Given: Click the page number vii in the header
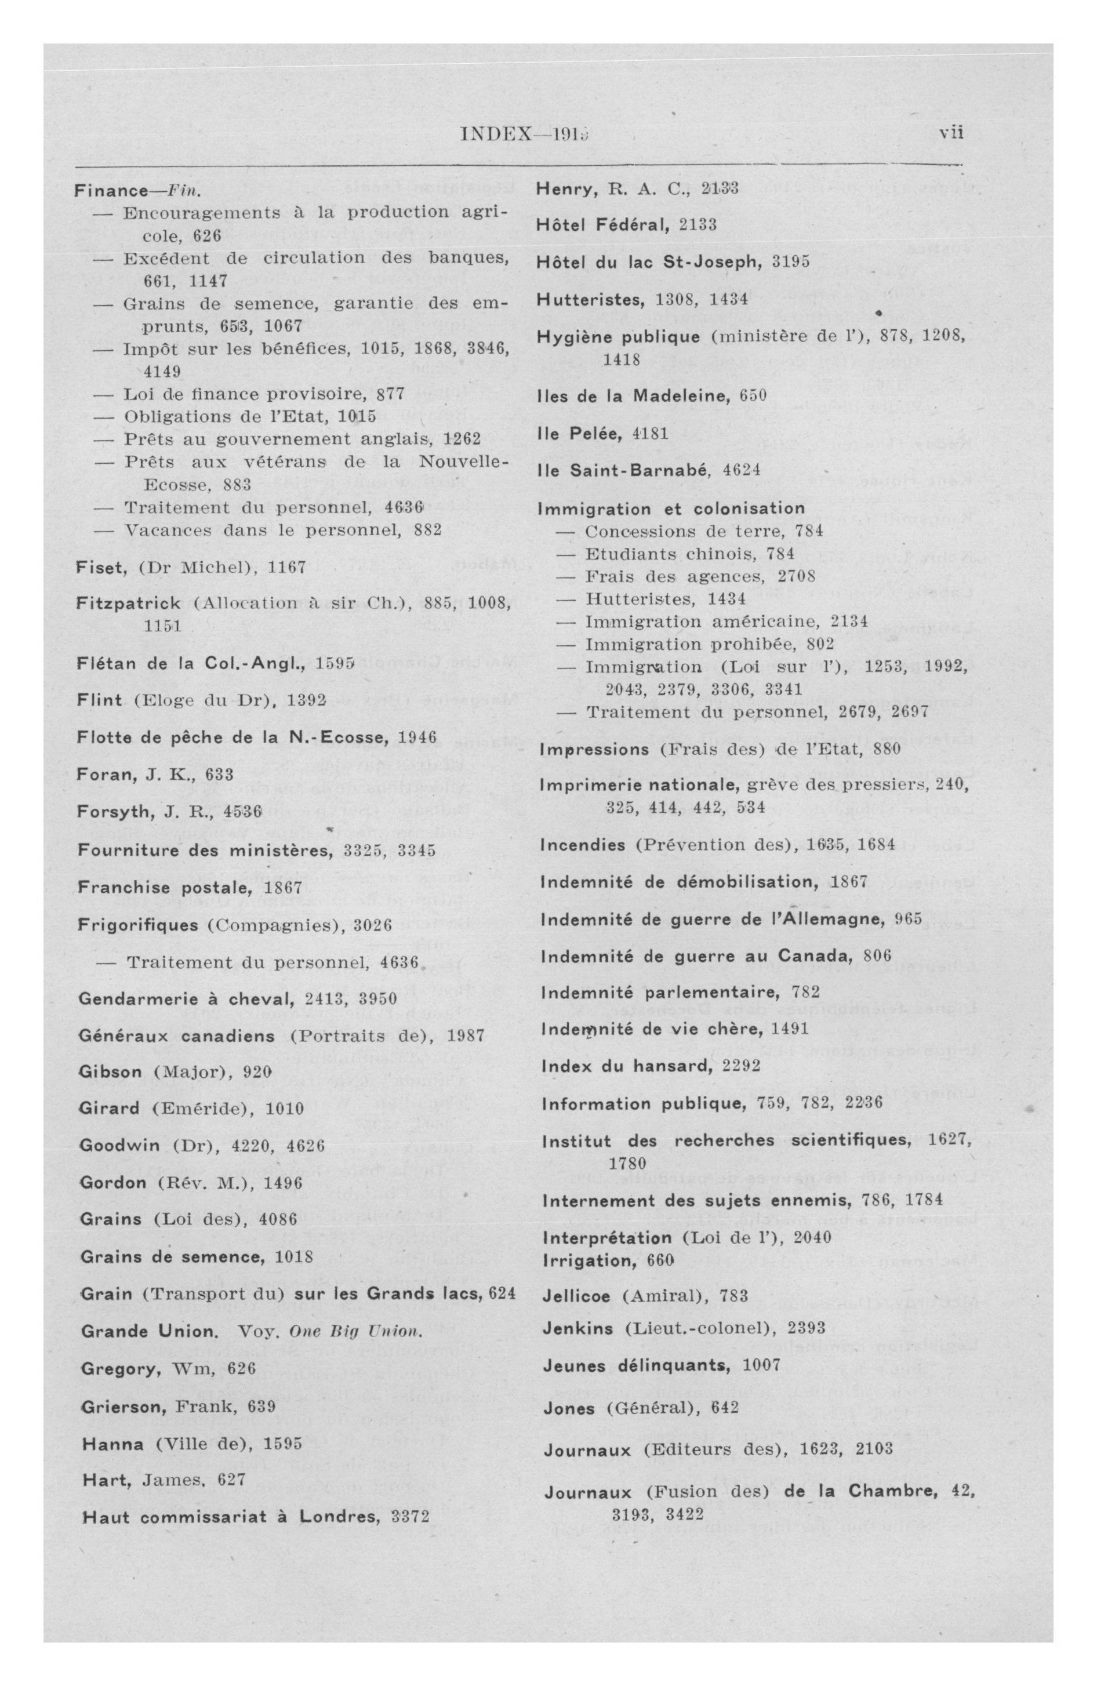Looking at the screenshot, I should (x=951, y=133).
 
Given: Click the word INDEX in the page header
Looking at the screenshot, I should (x=495, y=134).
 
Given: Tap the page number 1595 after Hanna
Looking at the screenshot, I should (x=282, y=1443).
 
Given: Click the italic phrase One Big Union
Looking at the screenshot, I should (x=356, y=1332).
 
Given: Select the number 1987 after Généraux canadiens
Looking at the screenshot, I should (x=466, y=1035).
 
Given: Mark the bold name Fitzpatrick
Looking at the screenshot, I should (x=128, y=604).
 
